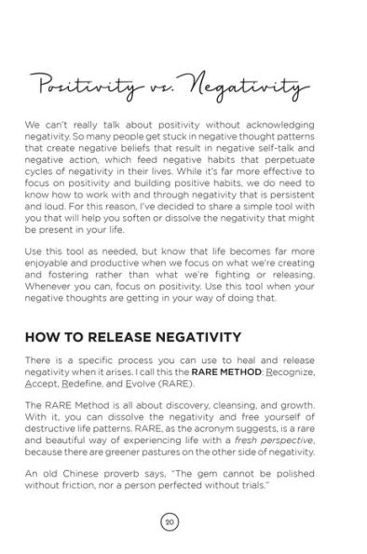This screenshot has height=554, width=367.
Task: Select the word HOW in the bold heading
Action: [x=47, y=336]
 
